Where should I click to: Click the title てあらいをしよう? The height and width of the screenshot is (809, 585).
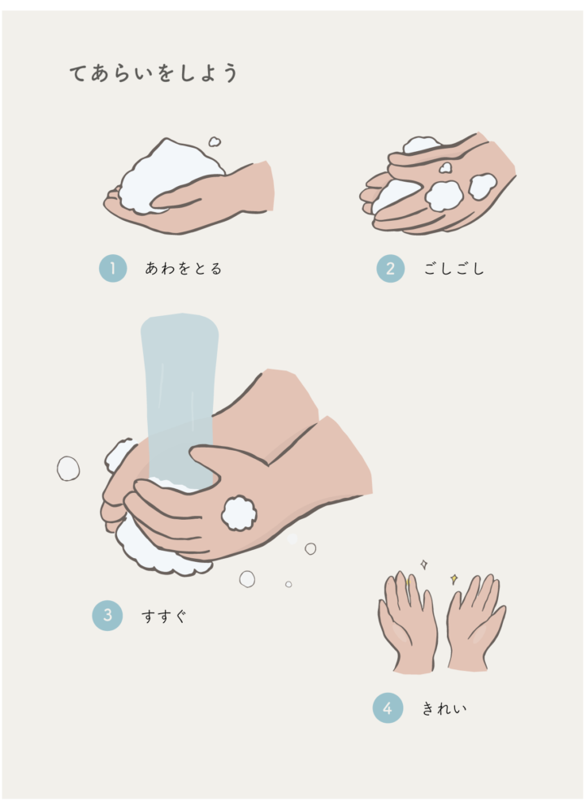click(154, 73)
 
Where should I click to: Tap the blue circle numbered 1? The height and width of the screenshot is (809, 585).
click(113, 268)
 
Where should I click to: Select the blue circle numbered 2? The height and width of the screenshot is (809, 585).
click(390, 268)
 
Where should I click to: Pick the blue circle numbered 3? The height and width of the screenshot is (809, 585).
click(107, 616)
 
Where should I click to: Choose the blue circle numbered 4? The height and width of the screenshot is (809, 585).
click(388, 708)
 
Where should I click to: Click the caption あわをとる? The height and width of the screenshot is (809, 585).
click(184, 268)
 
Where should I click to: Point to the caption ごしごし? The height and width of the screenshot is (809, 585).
click(454, 268)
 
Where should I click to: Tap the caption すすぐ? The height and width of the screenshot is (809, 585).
click(163, 616)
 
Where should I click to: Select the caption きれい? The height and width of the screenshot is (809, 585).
click(444, 708)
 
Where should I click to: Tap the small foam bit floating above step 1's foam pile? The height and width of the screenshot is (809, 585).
click(214, 141)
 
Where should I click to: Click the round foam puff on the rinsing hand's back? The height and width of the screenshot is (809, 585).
click(239, 513)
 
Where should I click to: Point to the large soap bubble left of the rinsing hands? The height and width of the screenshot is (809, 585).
click(68, 469)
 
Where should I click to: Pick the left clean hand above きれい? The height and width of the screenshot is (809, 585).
click(408, 621)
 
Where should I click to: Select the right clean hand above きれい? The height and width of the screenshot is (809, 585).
click(475, 621)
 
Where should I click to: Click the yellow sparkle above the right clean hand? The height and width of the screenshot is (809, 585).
click(454, 579)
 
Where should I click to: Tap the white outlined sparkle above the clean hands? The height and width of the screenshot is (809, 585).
click(424, 565)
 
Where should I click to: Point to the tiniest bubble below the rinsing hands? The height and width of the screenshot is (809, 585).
click(288, 584)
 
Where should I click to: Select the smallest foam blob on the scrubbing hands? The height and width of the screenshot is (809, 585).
click(445, 167)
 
